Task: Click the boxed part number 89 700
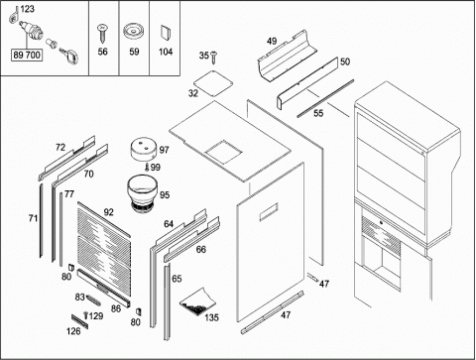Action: coord(27,55)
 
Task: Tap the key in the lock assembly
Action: coord(70,56)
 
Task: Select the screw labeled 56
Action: coord(101,34)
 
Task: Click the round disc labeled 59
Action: coord(134,32)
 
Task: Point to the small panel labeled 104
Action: coord(165,33)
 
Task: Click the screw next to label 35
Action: coord(213,58)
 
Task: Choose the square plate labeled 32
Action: coord(213,82)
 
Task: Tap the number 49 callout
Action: coord(272,41)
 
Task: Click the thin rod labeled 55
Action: coord(325,98)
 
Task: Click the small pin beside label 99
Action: coord(147,168)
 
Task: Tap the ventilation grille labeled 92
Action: coord(104,249)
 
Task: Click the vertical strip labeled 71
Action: coord(42,220)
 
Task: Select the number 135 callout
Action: coord(211,317)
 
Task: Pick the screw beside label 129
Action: coord(86,315)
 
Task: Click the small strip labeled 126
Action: coord(80,321)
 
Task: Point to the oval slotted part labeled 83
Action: coord(93,300)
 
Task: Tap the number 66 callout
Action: coord(201,250)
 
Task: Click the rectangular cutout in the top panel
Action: coord(223,153)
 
